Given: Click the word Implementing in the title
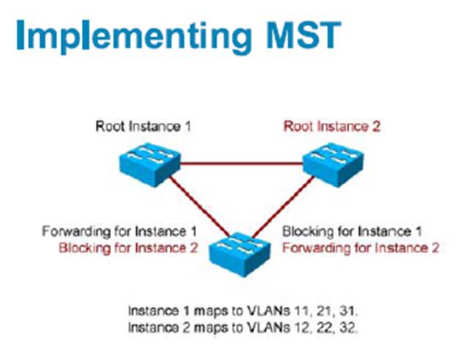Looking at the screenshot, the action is [x=134, y=37].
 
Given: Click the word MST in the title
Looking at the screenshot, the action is [x=304, y=34].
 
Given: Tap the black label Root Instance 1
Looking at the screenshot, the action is [x=143, y=127].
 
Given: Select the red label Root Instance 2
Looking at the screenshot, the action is [x=331, y=127].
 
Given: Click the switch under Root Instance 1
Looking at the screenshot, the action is [x=150, y=165].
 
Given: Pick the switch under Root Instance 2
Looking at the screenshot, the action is [x=333, y=165].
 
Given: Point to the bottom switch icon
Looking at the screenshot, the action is [x=239, y=255].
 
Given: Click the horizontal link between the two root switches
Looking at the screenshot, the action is [x=241, y=163].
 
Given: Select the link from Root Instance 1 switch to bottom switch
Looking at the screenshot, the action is [x=199, y=206].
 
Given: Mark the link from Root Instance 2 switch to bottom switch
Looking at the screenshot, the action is [x=283, y=206].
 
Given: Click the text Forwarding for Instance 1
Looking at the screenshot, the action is [x=119, y=232].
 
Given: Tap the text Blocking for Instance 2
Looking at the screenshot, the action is [x=128, y=248].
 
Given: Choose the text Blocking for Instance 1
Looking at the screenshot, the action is [x=352, y=231].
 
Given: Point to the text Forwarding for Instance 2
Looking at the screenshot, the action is [x=361, y=248].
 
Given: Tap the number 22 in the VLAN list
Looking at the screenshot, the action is [x=326, y=328].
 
